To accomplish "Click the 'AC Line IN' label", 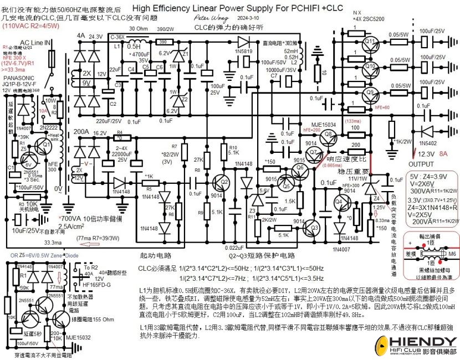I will coord(35,43).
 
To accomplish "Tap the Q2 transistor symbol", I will coord(222,182).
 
